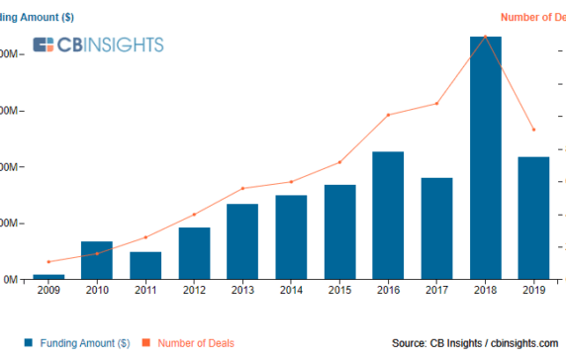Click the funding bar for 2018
(485, 158)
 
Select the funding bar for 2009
(48, 277)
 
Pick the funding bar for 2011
(145, 265)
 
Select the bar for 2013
(242, 241)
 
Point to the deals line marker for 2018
(485, 37)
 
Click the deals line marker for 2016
(388, 115)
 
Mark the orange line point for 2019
(533, 130)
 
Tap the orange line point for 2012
(194, 215)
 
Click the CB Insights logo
(98, 45)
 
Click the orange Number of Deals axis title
(532, 16)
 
